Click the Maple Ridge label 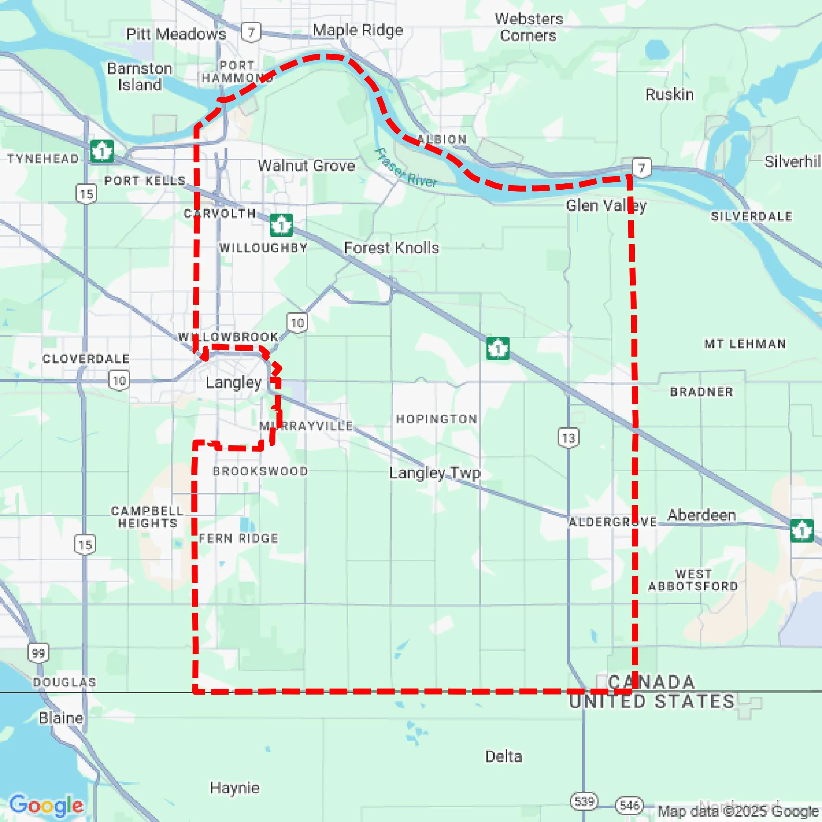pos(358,30)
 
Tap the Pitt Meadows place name pos(176,34)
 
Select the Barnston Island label pos(139,77)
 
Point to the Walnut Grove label pos(306,165)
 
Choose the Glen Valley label pos(606,206)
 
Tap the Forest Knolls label pos(391,248)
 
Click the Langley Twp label pos(435,472)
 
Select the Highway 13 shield pos(568,438)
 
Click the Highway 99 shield pos(38,653)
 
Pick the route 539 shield pos(584,802)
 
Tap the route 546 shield pos(629,805)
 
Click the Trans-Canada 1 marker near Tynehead pos(102,151)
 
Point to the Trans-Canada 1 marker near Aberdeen pos(802,531)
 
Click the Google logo pos(46,805)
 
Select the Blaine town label pos(61,718)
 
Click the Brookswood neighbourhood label pos(260,471)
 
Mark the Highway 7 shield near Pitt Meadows pos(251,32)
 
